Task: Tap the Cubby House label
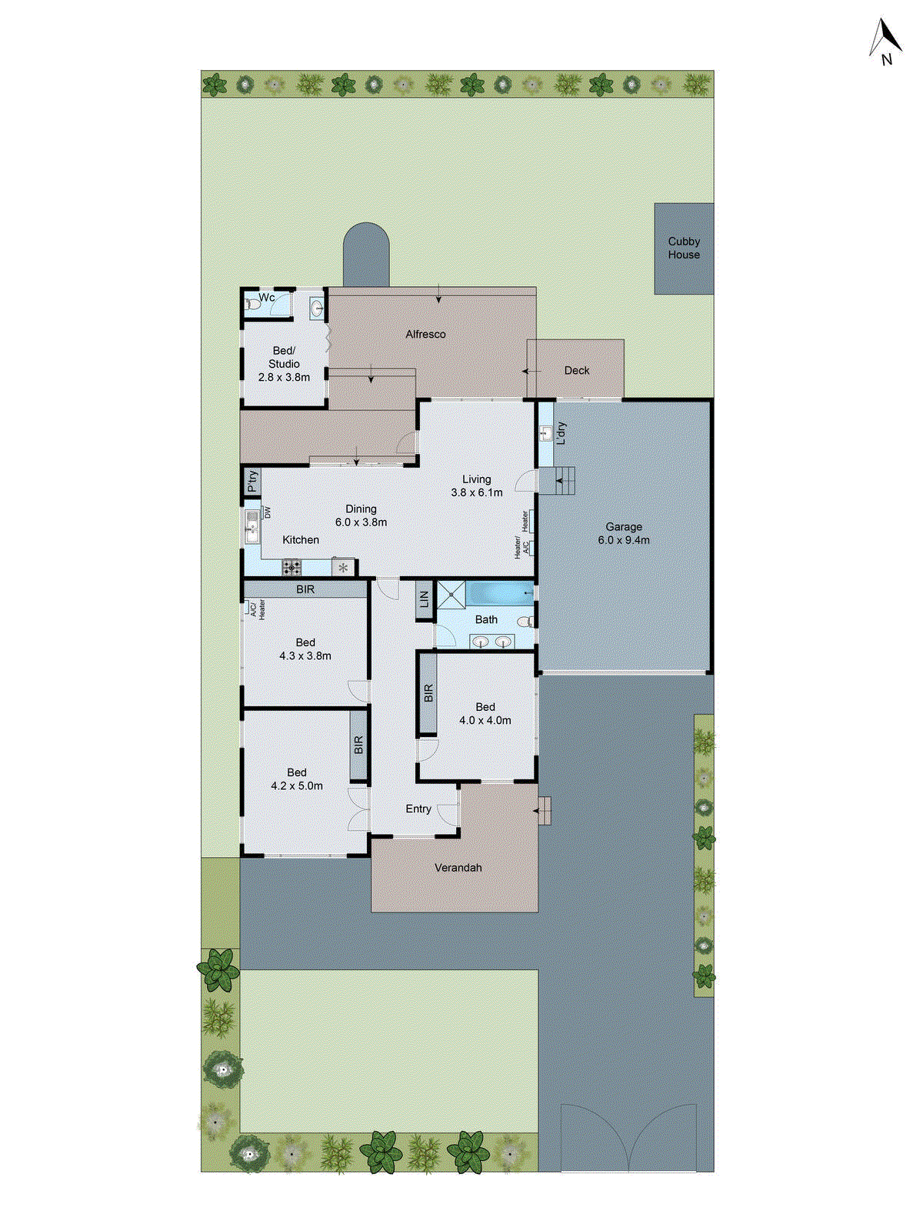[x=683, y=248]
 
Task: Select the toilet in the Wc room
[x=252, y=305]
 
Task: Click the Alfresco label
[x=425, y=334]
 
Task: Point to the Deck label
[x=576, y=370]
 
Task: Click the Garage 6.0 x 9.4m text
[x=623, y=533]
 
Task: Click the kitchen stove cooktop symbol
[x=292, y=568]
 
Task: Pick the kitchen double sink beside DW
[x=252, y=527]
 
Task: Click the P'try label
[x=252, y=482]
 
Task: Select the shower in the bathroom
[x=452, y=595]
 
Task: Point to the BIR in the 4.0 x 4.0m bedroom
[x=428, y=692]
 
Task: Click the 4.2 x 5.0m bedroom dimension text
[x=297, y=786]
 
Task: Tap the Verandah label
[x=458, y=867]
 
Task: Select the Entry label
[x=418, y=809]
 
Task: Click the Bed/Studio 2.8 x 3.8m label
[x=284, y=364]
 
